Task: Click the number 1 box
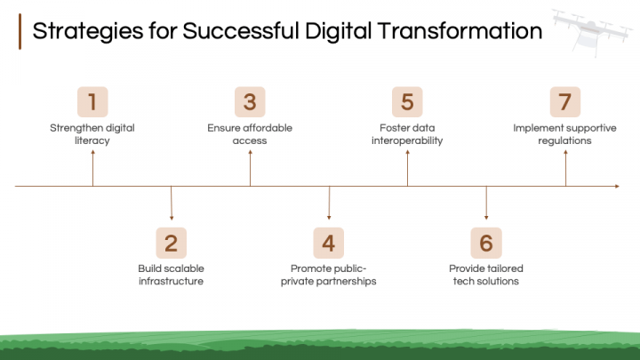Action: point(92,101)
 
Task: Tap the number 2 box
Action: point(171,242)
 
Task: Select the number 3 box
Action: point(250,101)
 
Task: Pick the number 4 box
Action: point(328,242)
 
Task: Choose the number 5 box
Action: point(407,101)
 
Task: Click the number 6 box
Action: point(485,242)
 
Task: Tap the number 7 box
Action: point(564,101)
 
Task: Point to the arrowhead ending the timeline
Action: point(616,187)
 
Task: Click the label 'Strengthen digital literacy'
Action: point(92,134)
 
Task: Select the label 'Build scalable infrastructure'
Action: point(171,275)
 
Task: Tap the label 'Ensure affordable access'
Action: point(250,134)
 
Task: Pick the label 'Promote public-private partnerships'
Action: point(328,275)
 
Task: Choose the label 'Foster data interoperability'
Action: point(407,134)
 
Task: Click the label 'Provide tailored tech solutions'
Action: point(485,275)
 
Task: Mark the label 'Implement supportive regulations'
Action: point(564,134)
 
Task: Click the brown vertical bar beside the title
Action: point(20,32)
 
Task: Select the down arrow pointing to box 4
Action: point(329,204)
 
